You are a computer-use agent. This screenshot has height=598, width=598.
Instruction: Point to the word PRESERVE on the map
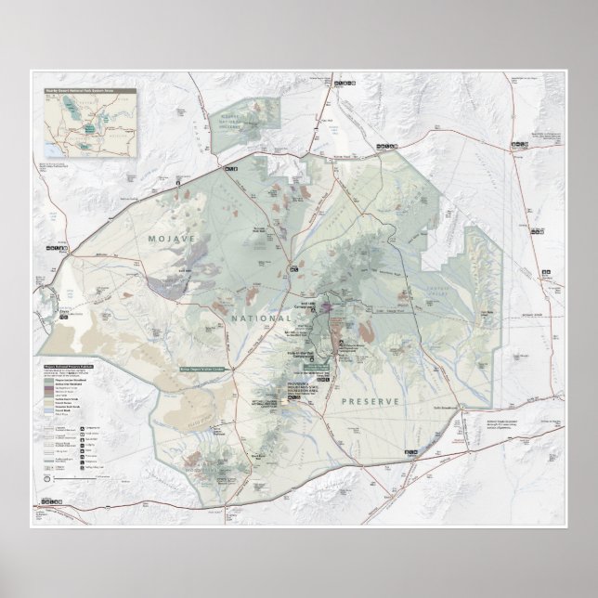(x=370, y=401)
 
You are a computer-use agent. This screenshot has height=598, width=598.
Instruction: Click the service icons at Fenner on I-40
(x=410, y=451)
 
